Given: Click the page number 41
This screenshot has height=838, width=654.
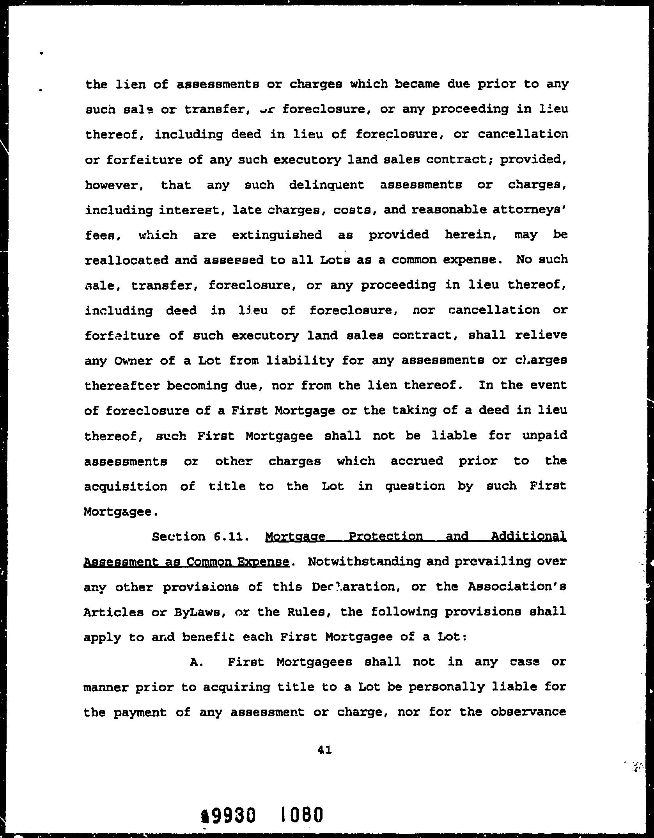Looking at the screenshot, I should point(324,749).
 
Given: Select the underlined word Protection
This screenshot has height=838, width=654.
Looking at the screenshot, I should point(385,536).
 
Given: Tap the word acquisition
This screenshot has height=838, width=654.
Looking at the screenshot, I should point(126,486).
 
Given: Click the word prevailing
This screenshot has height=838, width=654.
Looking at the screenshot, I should point(493,562).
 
